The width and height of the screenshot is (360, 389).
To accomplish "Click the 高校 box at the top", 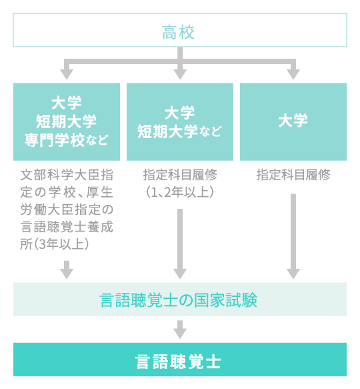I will [179, 31].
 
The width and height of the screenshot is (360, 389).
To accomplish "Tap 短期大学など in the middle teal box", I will [179, 131].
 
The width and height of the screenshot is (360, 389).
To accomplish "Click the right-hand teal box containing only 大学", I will [293, 121].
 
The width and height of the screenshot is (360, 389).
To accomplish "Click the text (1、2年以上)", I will [179, 192].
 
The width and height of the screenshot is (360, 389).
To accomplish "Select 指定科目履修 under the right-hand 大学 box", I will [293, 175].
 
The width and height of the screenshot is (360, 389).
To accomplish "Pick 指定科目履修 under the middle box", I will [179, 175].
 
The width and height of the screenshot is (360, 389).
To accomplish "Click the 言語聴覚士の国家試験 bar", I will [179, 300].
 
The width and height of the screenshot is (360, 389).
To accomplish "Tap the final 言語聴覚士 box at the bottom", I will [179, 361].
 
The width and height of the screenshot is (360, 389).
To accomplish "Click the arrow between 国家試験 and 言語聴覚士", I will [179, 329].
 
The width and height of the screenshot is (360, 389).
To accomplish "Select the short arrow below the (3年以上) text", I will [67, 270].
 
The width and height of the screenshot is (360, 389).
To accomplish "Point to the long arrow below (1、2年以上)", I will [179, 244].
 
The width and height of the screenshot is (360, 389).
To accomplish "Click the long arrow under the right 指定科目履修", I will [293, 237].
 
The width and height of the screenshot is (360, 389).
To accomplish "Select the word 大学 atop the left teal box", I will [67, 103].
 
